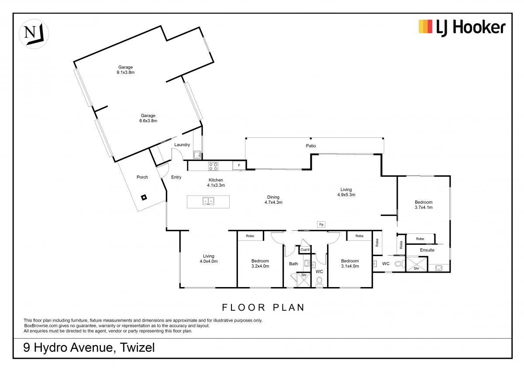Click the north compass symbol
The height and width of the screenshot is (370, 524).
[x=34, y=34]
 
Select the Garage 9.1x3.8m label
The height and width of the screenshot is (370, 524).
[x=126, y=70]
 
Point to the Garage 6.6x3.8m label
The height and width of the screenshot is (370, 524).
[x=148, y=118]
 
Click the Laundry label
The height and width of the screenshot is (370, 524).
[x=182, y=145]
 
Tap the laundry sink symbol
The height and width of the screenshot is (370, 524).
[x=197, y=154]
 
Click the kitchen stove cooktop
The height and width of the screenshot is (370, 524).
[x=214, y=166]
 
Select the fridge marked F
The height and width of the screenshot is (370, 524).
[x=239, y=165]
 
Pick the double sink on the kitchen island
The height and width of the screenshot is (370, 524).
[x=208, y=201]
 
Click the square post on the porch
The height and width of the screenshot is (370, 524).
[x=144, y=198]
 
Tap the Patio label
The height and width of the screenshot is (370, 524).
[x=311, y=146]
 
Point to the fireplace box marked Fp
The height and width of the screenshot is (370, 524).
[x=321, y=224]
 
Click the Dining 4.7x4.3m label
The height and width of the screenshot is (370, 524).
[x=273, y=199]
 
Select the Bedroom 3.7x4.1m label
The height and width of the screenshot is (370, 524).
[x=424, y=205]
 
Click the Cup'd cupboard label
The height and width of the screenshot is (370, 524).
[x=305, y=250]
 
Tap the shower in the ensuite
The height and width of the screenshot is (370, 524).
[x=417, y=264]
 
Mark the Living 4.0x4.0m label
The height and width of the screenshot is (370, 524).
[x=208, y=259]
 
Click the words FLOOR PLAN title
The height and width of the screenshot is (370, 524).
[x=263, y=307]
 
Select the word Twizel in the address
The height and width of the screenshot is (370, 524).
[x=137, y=347]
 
